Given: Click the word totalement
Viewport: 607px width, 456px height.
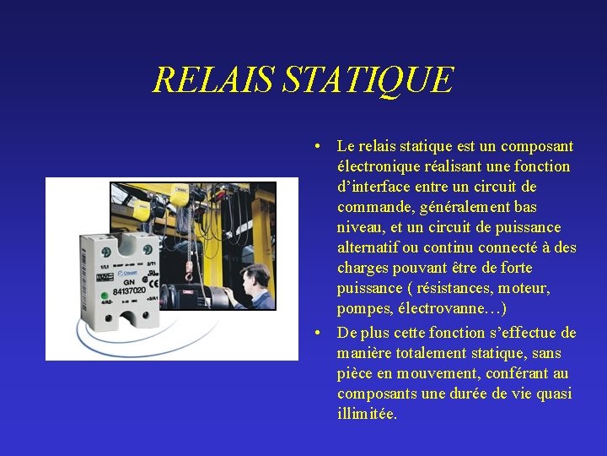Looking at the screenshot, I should coord(425,353).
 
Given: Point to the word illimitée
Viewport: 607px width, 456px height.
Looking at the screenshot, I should coord(367,414).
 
